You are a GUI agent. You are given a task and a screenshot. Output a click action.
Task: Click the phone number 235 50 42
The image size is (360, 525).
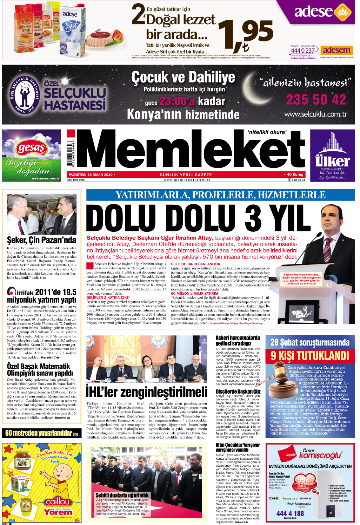coord(316,100)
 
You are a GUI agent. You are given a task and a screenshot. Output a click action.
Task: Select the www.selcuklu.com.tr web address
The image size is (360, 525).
coord(315,114)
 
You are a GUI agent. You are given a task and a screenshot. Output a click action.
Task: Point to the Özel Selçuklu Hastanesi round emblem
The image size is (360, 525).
coord(25,94)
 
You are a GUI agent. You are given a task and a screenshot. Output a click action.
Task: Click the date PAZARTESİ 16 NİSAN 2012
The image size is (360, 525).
coord(91,175)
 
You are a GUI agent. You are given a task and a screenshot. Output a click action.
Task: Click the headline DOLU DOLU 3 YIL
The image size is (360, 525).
coord(194,218)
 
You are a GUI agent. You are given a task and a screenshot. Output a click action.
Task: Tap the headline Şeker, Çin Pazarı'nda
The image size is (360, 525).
coord(41,240)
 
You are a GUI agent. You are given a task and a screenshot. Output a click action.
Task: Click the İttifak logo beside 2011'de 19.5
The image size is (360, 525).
coord(20,292)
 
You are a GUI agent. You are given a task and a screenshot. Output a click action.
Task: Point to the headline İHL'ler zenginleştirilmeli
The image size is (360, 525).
coord(147,392)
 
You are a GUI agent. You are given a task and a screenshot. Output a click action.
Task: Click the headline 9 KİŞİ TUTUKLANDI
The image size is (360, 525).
coord(309,356)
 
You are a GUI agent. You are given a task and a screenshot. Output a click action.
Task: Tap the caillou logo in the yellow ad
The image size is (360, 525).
coord(58,502)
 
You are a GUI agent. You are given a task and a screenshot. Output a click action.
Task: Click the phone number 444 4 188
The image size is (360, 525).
coord(290,513)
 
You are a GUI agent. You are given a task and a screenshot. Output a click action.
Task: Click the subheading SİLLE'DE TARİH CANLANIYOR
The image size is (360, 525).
coord(195,264)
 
